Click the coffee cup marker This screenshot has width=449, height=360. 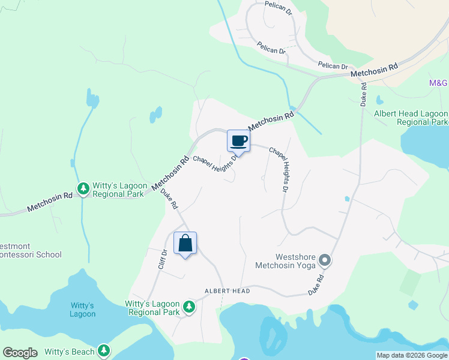click(x=238, y=140)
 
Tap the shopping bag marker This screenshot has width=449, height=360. click(x=185, y=244)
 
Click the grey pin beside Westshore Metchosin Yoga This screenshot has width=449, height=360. click(x=325, y=260)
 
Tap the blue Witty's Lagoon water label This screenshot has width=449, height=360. click(x=82, y=310)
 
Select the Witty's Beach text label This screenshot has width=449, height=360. click(x=67, y=352)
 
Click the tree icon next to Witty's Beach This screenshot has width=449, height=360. click(x=104, y=350)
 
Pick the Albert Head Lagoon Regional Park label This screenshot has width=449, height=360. click(x=411, y=118)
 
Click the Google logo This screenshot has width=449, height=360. click(x=19, y=353)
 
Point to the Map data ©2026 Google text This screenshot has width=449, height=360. click(x=412, y=355)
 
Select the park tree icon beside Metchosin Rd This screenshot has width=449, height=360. click(x=83, y=190)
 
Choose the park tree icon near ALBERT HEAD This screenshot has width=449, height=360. click(x=189, y=307)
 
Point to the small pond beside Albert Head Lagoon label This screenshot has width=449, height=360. click(x=379, y=100)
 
